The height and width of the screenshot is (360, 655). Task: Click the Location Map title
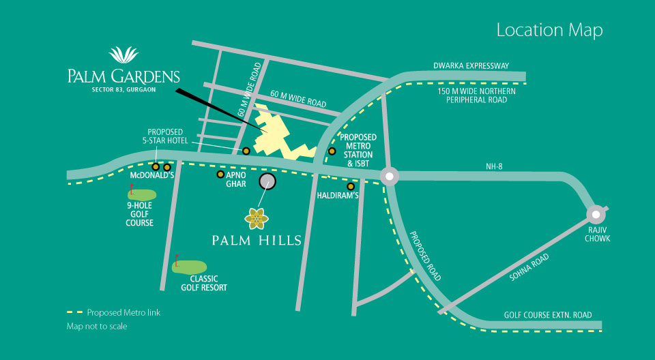tap(549, 30)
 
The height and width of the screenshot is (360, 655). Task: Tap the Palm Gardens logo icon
tap(123, 55)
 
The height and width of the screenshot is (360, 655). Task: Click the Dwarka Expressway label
tap(481, 66)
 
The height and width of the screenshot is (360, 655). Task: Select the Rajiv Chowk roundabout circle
tap(596, 213)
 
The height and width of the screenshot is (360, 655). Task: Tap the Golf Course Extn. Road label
tap(548, 315)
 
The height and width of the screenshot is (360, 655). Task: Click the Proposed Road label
tap(425, 256)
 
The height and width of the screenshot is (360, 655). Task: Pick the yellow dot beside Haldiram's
tap(351, 186)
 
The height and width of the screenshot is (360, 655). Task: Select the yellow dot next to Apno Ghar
tap(220, 175)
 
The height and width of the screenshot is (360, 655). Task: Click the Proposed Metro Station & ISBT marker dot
tap(332, 151)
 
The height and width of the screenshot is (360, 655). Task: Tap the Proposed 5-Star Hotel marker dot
tap(246, 151)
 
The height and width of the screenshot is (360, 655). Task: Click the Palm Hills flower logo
tap(257, 218)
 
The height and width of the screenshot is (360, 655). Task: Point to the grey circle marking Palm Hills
tap(267, 181)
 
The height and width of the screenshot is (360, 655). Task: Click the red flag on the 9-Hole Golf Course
tap(131, 187)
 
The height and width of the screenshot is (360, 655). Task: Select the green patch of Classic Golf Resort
tap(190, 267)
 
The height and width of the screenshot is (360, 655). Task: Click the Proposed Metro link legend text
tap(123, 313)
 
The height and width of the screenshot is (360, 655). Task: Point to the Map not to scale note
tap(96, 327)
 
